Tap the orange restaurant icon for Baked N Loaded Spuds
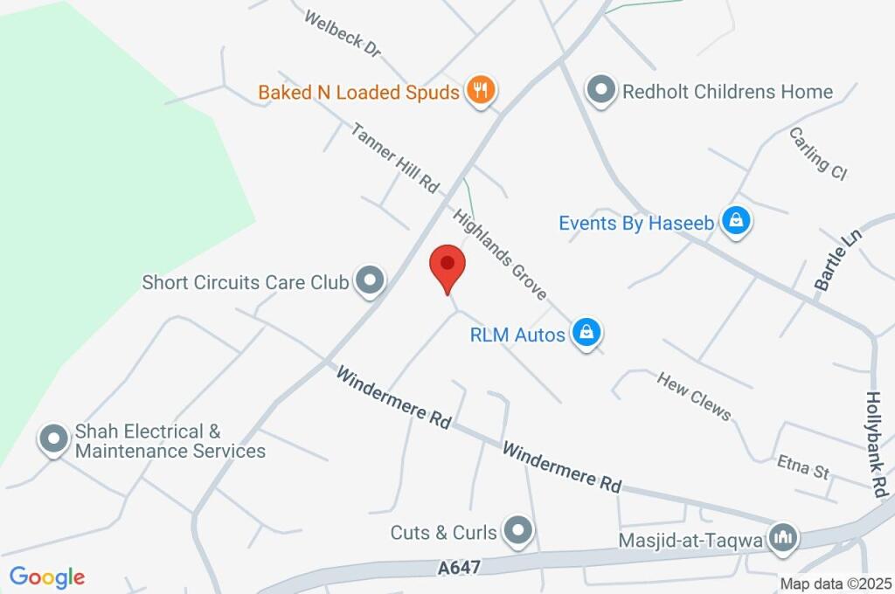(x=481, y=90)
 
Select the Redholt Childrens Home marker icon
(x=600, y=91)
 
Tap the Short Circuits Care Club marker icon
(x=371, y=281)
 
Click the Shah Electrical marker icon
(x=54, y=439)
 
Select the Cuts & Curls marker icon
(x=519, y=530)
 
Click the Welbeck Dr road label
(x=343, y=33)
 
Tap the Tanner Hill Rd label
(x=394, y=157)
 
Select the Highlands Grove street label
(x=499, y=253)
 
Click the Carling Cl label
(x=818, y=154)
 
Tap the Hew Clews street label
(x=694, y=395)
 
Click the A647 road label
(x=460, y=568)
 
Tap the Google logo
(x=46, y=577)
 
